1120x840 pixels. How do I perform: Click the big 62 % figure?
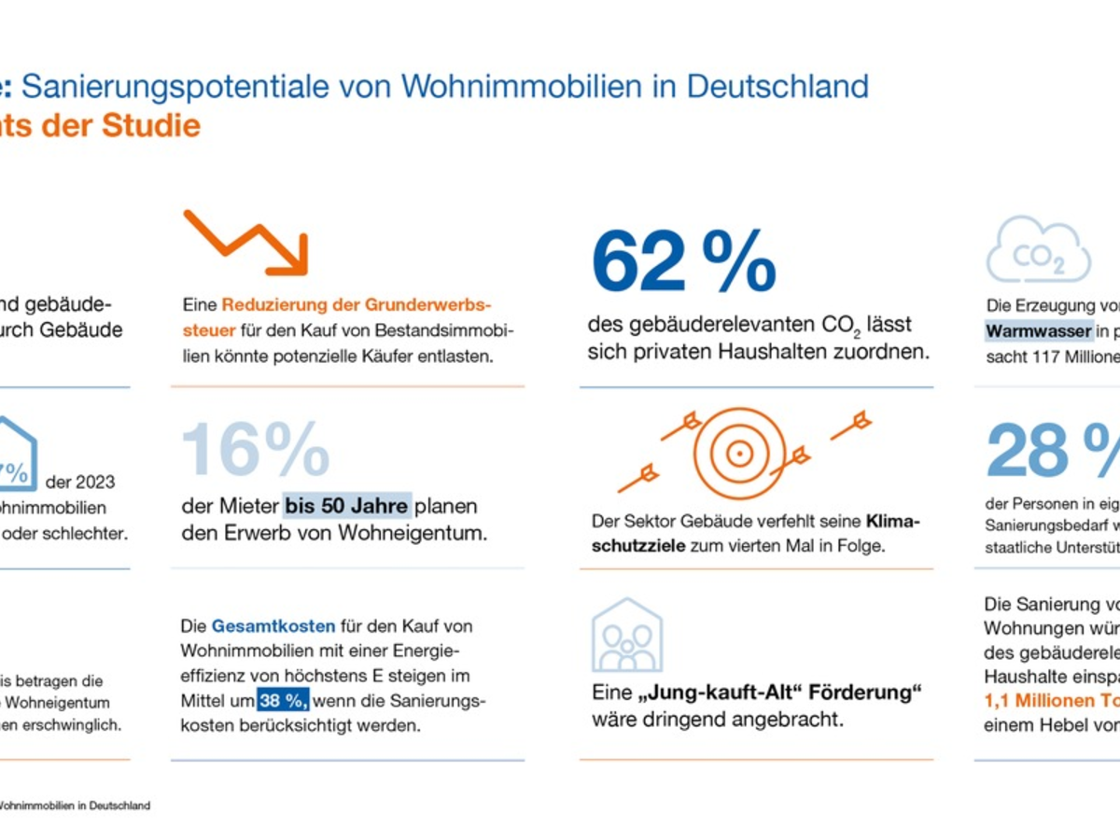683,264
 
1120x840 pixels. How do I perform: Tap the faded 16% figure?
255,451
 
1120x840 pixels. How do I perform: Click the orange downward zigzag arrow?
245,243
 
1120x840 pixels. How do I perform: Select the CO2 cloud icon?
1038,249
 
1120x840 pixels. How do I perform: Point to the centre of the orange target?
739,454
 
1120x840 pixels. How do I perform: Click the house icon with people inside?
627,636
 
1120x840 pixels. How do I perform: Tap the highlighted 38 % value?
283,700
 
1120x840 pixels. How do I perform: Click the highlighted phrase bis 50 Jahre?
346,507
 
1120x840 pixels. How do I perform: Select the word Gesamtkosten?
259,626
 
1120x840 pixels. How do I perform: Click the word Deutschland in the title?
777,87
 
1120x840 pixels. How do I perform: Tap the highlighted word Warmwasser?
1039,331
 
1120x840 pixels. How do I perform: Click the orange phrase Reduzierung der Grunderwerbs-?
357,305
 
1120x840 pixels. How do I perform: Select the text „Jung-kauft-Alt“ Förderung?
757,693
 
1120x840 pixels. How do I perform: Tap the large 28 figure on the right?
1027,451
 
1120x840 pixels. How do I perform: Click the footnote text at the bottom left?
75,805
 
